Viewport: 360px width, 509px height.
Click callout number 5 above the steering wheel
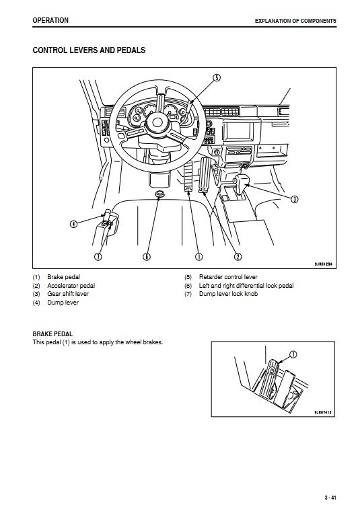pyautogui.click(x=217, y=78)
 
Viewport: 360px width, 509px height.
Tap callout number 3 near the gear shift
pyautogui.click(x=294, y=199)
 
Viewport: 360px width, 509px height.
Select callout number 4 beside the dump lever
pyautogui.click(x=74, y=224)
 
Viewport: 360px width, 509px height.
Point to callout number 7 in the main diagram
pyautogui.click(x=98, y=256)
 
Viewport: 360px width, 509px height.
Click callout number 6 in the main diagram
pyautogui.click(x=147, y=256)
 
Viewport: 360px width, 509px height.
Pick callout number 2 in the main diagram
pyautogui.click(x=238, y=256)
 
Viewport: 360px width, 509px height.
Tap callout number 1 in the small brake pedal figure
pyautogui.click(x=293, y=354)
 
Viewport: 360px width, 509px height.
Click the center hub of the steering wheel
pyautogui.click(x=157, y=122)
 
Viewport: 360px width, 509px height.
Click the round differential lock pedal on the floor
pyautogui.click(x=159, y=194)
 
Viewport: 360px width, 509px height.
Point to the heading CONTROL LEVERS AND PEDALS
pyautogui.click(x=89, y=50)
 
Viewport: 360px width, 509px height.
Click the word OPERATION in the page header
pyautogui.click(x=50, y=20)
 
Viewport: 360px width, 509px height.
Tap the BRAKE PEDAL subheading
pyautogui.click(x=52, y=334)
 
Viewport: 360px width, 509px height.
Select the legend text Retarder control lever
pyautogui.click(x=228, y=277)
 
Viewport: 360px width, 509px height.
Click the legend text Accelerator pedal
pyautogui.click(x=71, y=286)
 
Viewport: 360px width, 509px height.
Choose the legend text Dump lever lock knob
pyautogui.click(x=228, y=294)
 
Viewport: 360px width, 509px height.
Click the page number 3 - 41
pyautogui.click(x=330, y=498)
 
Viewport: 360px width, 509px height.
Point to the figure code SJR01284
pyautogui.click(x=323, y=264)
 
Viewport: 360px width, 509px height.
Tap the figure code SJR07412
pyautogui.click(x=322, y=413)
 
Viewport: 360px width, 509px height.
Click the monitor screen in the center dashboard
pyautogui.click(x=239, y=130)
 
